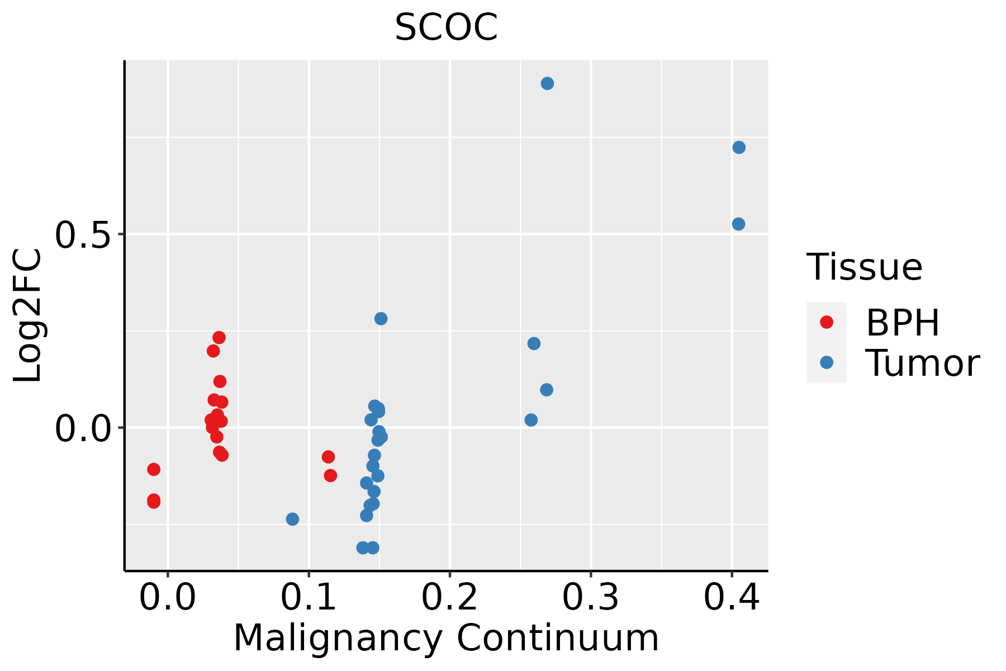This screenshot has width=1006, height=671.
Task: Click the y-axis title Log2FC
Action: click(28, 316)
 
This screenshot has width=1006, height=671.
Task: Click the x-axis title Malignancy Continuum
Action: click(446, 638)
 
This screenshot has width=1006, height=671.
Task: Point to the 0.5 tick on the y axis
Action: click(82, 234)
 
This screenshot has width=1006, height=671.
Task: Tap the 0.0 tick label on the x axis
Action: click(168, 597)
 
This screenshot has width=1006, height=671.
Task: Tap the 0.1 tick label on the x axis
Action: click(309, 597)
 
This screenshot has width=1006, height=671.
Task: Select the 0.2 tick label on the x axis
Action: click(449, 597)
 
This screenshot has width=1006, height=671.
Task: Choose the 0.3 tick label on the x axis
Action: click(590, 597)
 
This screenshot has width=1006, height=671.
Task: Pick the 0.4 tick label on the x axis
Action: click(731, 597)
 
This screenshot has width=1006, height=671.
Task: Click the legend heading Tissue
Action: click(864, 267)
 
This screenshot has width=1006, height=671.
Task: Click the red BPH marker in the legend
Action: click(826, 322)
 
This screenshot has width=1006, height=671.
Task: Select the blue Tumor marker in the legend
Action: click(826, 362)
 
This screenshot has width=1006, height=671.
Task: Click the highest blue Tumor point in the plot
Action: click(547, 83)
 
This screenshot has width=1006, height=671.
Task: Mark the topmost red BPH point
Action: click(219, 337)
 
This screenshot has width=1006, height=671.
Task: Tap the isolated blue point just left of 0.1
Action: click(292, 519)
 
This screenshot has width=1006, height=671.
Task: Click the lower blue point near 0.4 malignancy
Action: click(738, 224)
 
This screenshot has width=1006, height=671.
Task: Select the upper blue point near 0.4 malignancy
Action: click(739, 147)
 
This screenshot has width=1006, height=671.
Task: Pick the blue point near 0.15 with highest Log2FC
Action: click(381, 319)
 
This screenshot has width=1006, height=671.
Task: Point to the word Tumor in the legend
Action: click(922, 363)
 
